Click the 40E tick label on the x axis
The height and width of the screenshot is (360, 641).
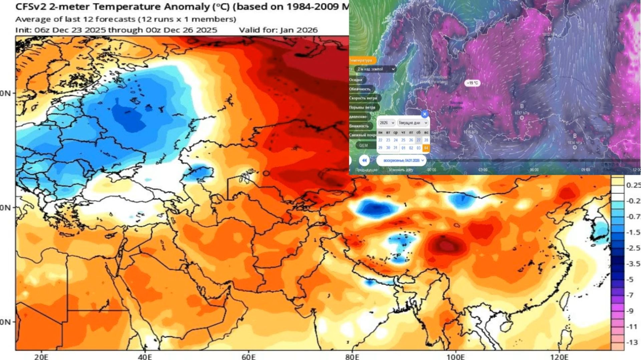pyautogui.click(x=145, y=357)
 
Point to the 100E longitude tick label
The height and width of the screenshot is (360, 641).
pyautogui.click(x=456, y=357)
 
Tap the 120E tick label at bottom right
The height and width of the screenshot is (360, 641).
pyautogui.click(x=560, y=357)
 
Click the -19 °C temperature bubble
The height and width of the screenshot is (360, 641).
pyautogui.click(x=472, y=83)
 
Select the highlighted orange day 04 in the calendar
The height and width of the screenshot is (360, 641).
pyautogui.click(x=426, y=148)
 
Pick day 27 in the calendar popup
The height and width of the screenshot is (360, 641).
pyautogui.click(x=418, y=140)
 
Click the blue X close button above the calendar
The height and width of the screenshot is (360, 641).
pyautogui.click(x=424, y=114)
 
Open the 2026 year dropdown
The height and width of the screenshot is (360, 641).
pyautogui.click(x=386, y=123)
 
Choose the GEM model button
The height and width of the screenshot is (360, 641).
pyautogui.click(x=363, y=145)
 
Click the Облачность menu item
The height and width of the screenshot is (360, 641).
pyautogui.click(x=360, y=89)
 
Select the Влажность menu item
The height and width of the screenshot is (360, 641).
pyautogui.click(x=359, y=126)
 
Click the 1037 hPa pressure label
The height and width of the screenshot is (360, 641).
pyautogui.click(x=521, y=113)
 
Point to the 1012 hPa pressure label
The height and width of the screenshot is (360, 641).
pyautogui.click(x=550, y=34)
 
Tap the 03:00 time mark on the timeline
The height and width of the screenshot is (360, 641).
pyautogui.click(x=483, y=170)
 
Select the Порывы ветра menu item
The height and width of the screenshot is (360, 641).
pyautogui.click(x=362, y=108)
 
